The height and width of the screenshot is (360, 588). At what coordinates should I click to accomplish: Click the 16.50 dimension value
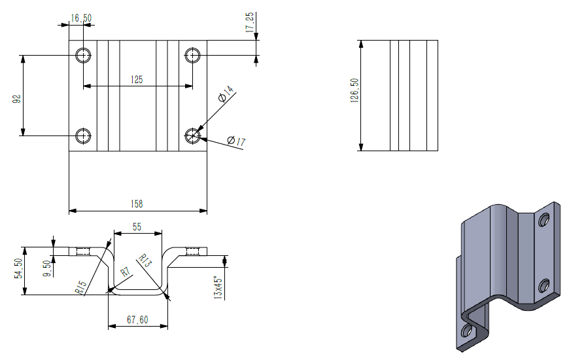pyautogui.click(x=82, y=18)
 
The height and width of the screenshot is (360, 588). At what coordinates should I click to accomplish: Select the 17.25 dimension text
pyautogui.click(x=249, y=22)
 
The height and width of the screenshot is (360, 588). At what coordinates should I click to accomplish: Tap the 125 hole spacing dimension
pyautogui.click(x=137, y=79)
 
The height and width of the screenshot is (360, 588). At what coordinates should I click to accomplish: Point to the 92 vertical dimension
pyautogui.click(x=17, y=98)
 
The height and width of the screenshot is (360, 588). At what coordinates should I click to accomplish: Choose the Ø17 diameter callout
pyautogui.click(x=235, y=141)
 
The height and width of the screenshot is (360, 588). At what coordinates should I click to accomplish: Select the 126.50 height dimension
pyautogui.click(x=354, y=96)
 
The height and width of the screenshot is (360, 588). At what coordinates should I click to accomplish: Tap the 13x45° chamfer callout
pyautogui.click(x=220, y=287)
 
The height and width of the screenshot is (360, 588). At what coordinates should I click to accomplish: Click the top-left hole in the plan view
pyautogui.click(x=83, y=55)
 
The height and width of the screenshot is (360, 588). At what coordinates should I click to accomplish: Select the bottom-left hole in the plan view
pyautogui.click(x=83, y=135)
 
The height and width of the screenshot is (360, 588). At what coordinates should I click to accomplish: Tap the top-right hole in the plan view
pyautogui.click(x=192, y=55)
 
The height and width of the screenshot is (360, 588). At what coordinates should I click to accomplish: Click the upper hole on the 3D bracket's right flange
pyautogui.click(x=544, y=221)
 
